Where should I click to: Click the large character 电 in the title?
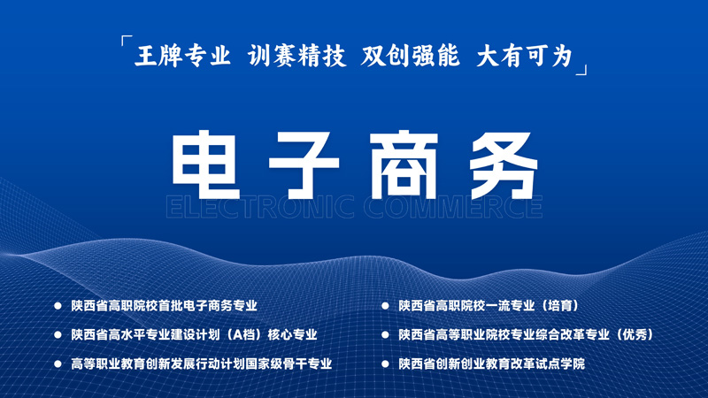(206, 165)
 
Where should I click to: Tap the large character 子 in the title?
(304, 165)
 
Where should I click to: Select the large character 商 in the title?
(404, 165)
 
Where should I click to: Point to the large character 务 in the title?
(504, 165)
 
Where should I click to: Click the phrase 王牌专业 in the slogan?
(183, 56)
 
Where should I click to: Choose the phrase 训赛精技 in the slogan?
(297, 56)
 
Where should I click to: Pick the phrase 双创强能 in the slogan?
(411, 56)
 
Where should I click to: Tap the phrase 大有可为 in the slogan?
(525, 56)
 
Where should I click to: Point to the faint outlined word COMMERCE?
(453, 207)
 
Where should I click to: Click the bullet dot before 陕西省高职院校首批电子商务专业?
(58, 306)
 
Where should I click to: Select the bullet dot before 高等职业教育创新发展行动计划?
(58, 364)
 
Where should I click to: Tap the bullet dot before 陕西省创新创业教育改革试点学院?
(385, 364)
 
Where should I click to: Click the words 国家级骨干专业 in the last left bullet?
(289, 364)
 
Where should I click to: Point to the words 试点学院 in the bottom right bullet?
(560, 364)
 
